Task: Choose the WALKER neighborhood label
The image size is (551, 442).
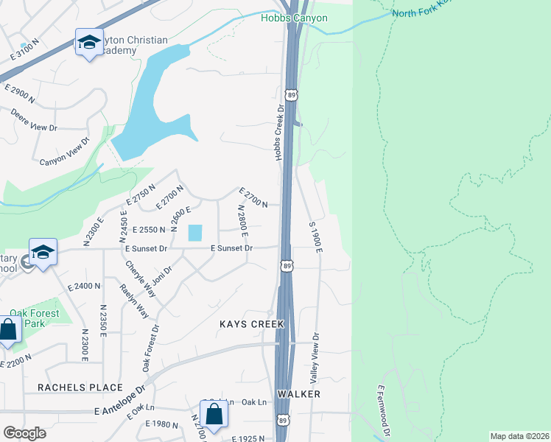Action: pyautogui.click(x=298, y=395)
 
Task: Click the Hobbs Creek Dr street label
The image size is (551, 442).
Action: pyautogui.click(x=280, y=133)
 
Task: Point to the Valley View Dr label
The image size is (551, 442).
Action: pyautogui.click(x=315, y=357)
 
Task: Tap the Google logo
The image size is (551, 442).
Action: pyautogui.click(x=24, y=433)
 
